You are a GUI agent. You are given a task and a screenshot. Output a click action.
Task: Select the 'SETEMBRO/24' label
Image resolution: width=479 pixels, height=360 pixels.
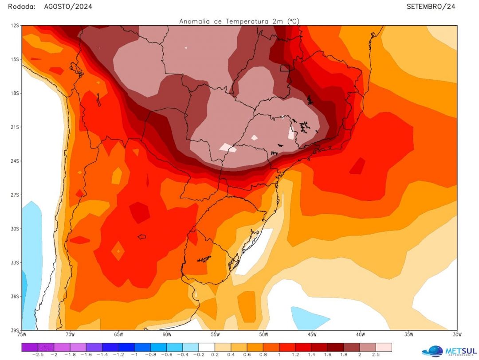click(x=431, y=6)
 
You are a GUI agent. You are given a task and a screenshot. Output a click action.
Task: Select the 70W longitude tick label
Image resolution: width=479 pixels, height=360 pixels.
click(x=70, y=335)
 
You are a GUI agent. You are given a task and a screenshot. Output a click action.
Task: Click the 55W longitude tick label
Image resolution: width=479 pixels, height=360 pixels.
click(x=215, y=335)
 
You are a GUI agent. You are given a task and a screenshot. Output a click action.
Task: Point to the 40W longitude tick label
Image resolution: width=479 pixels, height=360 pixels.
click(x=360, y=335)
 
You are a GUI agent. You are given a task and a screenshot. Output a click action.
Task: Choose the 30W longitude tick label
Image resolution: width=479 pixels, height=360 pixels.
click(x=457, y=335)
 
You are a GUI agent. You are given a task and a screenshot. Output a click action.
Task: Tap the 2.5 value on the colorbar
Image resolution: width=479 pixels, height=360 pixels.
click(x=376, y=355)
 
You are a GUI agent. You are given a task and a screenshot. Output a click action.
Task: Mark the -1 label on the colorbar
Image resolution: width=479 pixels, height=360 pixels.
click(x=134, y=355)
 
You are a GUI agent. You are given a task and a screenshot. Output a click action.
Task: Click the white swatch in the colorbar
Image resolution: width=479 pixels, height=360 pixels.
click(x=207, y=347)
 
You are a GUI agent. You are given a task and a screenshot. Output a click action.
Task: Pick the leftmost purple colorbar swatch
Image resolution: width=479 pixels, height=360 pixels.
click(x=29, y=347)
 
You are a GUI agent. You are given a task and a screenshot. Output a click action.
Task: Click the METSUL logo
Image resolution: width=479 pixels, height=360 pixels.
click(x=448, y=350)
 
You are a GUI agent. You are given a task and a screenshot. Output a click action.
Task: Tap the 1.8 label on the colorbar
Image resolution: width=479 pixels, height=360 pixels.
click(x=343, y=355)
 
